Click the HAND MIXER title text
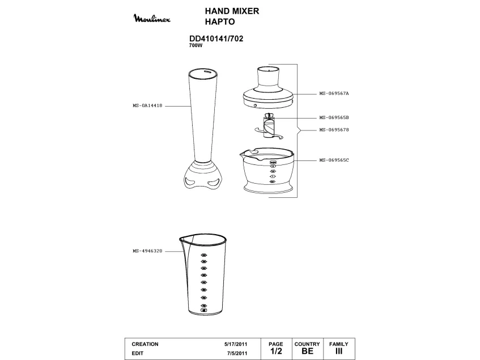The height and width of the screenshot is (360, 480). pos(232,12)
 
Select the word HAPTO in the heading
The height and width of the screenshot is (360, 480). pos(219,23)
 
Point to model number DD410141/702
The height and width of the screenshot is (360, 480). pos(220,39)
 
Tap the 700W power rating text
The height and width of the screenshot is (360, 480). pos(196,45)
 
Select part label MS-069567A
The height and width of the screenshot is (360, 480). pos(334,94)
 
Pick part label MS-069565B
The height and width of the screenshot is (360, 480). pos(334,117)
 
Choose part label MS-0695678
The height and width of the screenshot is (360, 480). pos(334,130)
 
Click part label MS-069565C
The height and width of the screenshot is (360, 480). pos(334,160)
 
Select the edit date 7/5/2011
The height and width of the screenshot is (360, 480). pos(237,353)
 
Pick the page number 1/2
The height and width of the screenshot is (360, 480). pos(276,351)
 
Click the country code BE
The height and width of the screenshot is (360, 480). pos(307,351)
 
